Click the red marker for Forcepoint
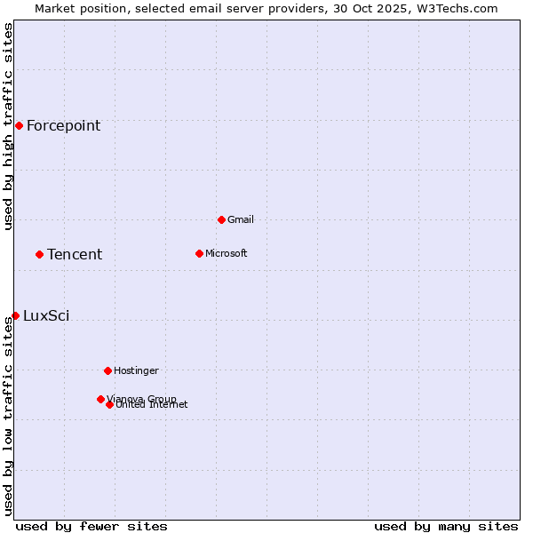(19, 125)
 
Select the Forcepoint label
(63, 126)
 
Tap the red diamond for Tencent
(39, 254)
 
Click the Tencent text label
(75, 255)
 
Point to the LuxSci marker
(15, 315)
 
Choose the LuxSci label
(46, 316)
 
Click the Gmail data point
(221, 219)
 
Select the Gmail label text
(240, 220)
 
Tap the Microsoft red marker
(199, 253)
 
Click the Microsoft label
(226, 254)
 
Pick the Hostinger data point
(107, 370)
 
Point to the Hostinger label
(136, 371)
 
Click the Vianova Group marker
(100, 399)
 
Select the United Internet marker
(109, 404)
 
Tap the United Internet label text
(152, 405)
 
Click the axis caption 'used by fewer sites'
(91, 527)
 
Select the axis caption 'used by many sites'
(446, 527)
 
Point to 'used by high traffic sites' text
(9, 126)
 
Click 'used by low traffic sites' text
(9, 416)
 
